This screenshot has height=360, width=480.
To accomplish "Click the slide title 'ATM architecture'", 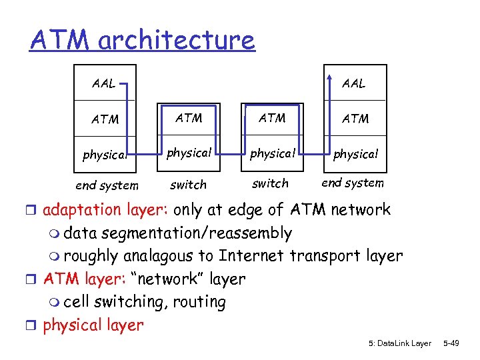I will pos(142,39).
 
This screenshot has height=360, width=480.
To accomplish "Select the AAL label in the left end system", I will pos(103,85).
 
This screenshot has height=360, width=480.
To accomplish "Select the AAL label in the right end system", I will pos(353,83).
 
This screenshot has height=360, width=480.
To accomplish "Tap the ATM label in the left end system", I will pos(105,120).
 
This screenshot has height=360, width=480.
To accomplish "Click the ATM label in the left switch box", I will pos(189,118).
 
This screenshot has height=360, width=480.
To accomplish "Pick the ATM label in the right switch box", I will pos(272,118).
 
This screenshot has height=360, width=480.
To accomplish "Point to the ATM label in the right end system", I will pos(355,119).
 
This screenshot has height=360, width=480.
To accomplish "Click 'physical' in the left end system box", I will pos(105,155).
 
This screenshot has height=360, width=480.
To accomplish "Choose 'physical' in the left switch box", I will pos(189,153).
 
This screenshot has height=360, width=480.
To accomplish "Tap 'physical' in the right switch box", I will pos(272,153).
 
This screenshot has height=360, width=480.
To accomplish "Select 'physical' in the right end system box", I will pos(355,155).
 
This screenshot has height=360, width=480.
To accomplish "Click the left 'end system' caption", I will pos(107,185).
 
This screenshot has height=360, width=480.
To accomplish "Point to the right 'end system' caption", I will pos(353,183).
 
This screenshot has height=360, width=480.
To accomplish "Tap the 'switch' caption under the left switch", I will pos(189,185).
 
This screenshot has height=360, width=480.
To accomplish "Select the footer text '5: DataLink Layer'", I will pos(399,343).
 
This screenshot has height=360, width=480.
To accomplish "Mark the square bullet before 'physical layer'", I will pos(34,326).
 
